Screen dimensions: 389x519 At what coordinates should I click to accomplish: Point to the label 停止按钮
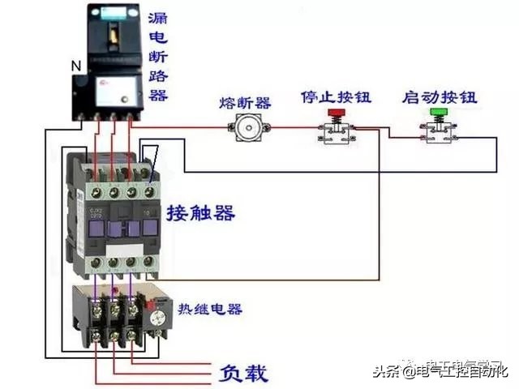(x=335, y=96)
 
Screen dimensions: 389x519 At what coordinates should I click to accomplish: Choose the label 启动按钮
(x=440, y=96)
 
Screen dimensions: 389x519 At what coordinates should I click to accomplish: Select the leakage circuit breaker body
(x=111, y=69)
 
